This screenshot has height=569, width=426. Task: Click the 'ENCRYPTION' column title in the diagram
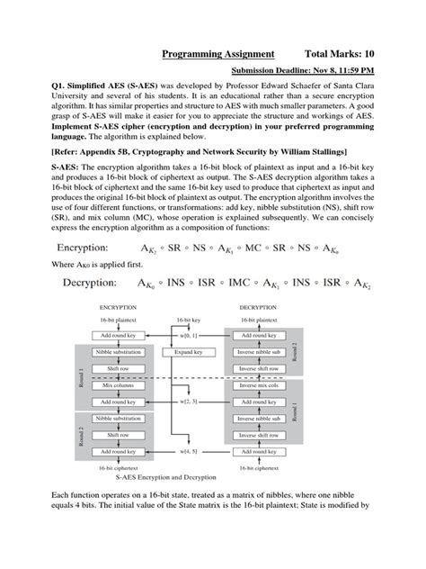point(123,306)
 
